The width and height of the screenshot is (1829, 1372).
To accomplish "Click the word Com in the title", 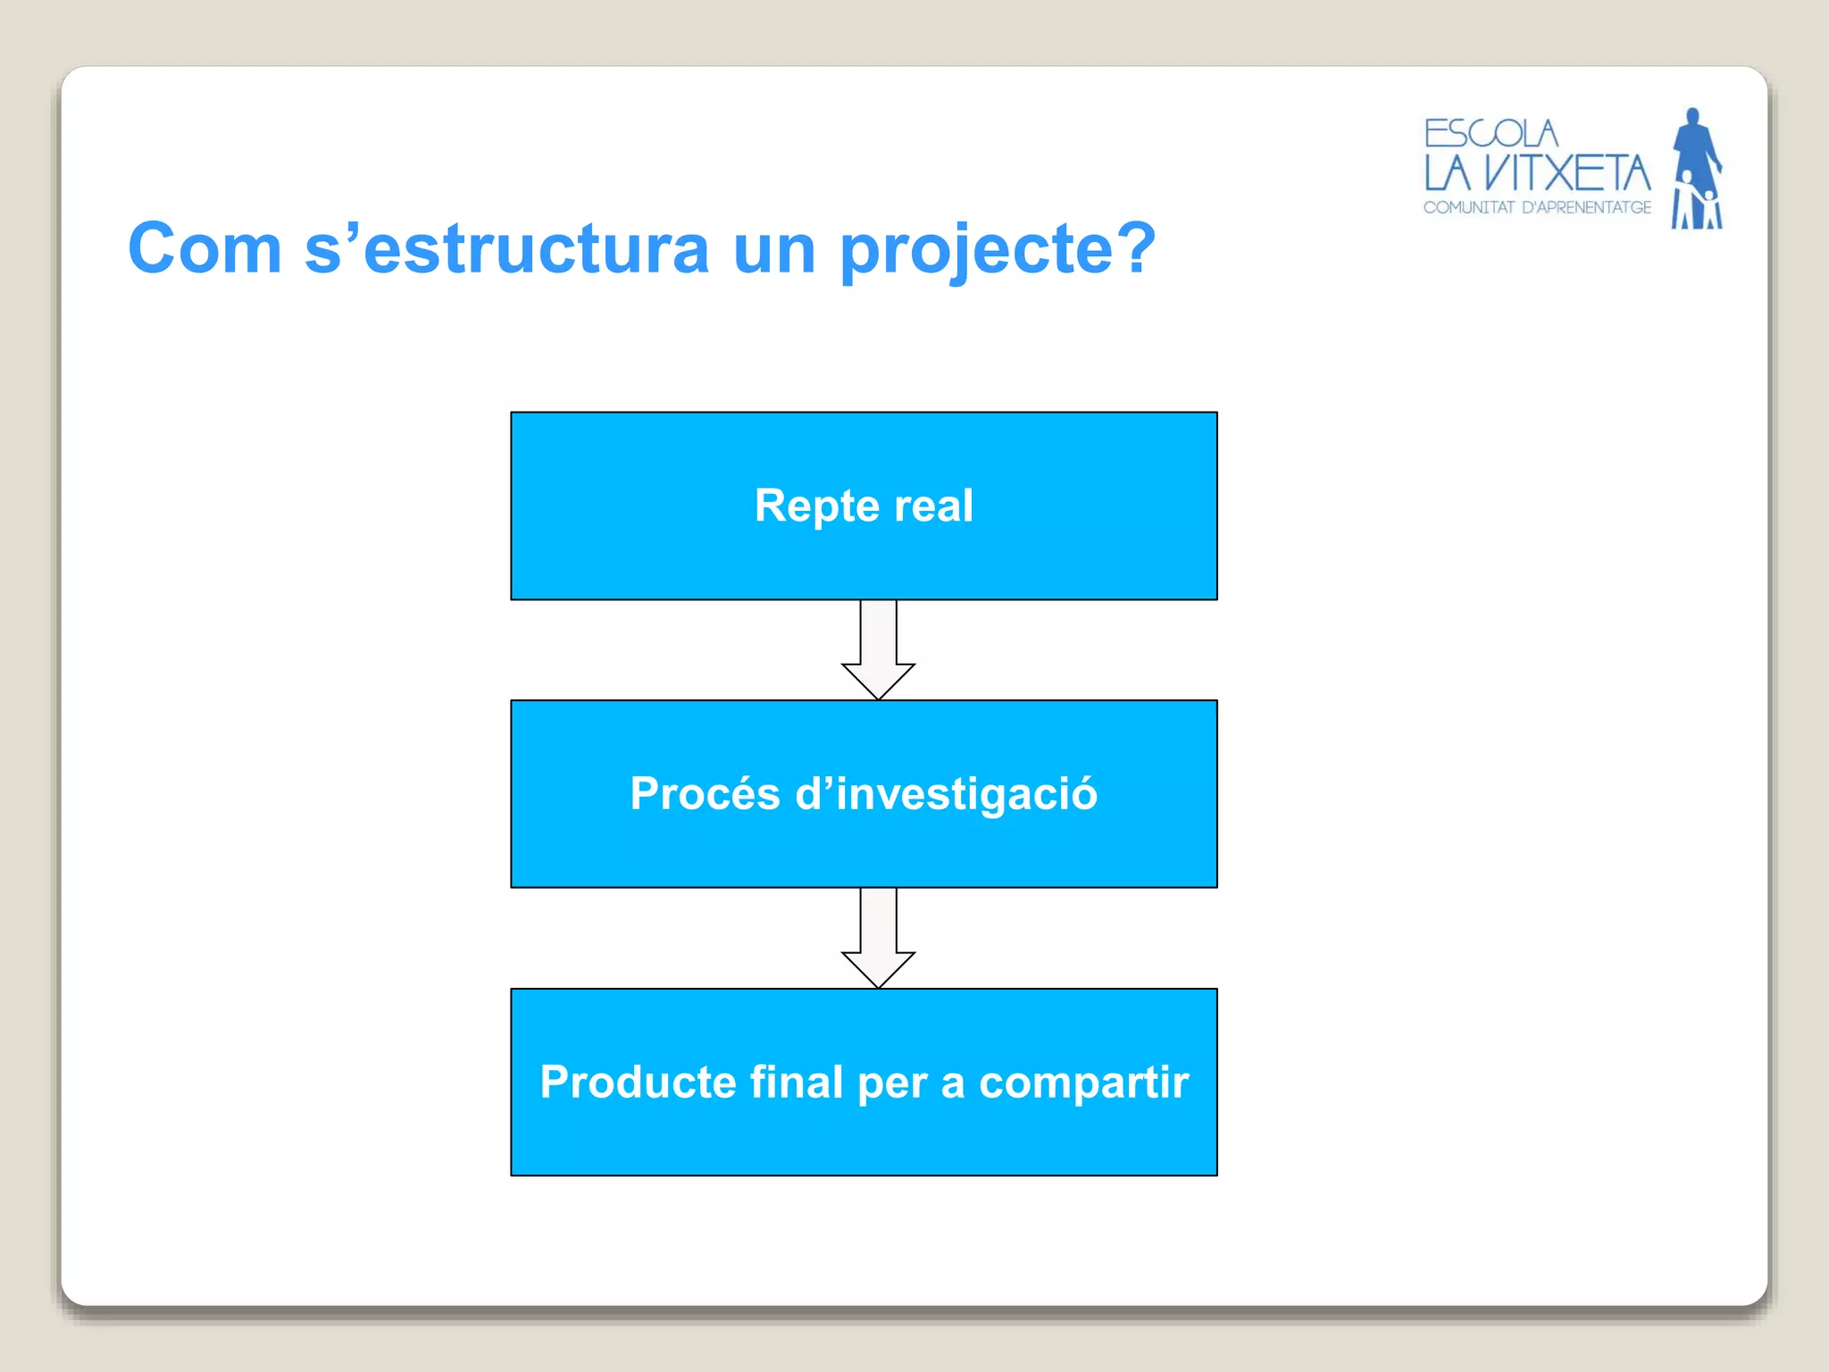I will tap(205, 249).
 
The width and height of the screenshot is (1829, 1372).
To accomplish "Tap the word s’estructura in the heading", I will tap(506, 249).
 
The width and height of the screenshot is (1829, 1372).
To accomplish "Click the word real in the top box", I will tap(933, 506).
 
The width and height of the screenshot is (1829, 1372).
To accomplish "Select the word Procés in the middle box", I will tap(705, 794).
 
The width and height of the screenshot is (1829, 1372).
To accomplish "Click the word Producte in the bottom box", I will tap(638, 1083).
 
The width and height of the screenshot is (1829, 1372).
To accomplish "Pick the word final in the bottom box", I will tap(797, 1082).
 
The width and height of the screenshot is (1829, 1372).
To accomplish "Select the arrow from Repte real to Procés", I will tap(878, 650).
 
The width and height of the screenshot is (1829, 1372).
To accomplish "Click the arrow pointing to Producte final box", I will tap(878, 938).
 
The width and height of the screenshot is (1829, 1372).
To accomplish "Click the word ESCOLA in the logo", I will tap(1491, 134).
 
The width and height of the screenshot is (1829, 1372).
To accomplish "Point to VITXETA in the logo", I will tap(1567, 173).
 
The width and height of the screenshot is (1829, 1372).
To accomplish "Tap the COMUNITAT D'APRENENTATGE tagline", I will tap(1537, 208).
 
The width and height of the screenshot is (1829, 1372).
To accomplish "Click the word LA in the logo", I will tap(1447, 173).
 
